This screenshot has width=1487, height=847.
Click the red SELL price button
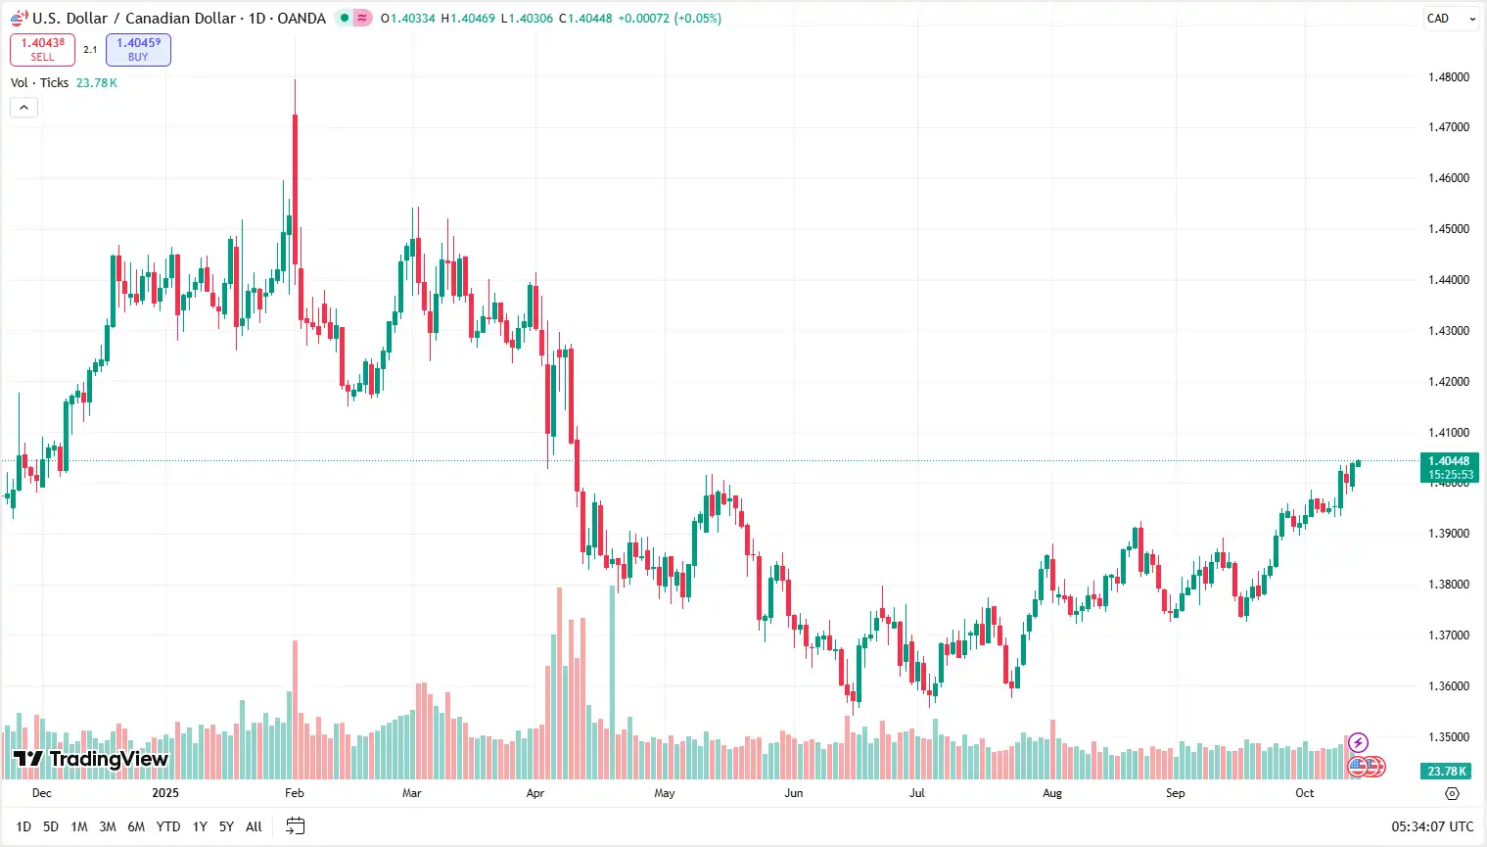coord(42,50)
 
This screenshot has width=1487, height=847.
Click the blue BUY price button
coord(138,50)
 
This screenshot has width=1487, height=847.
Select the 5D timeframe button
coord(51,826)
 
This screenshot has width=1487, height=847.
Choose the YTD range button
coord(168,826)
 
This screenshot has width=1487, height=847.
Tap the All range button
coord(254,826)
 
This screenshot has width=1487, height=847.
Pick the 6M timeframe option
coord(136,826)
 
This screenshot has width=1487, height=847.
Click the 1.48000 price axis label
coord(1449,77)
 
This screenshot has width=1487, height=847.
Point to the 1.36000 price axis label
coord(1449,686)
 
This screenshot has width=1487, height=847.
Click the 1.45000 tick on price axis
coord(1449,229)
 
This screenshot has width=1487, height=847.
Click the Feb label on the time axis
coord(295,793)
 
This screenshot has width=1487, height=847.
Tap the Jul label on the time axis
coord(917,793)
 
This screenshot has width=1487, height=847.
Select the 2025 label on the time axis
coord(165,793)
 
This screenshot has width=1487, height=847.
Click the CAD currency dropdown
coord(1450,19)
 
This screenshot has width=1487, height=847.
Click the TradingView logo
coord(91,759)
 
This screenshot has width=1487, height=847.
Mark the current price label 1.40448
coord(1449,461)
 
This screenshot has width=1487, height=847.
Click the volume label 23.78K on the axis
coord(1447,772)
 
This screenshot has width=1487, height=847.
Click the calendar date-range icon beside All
coord(296,826)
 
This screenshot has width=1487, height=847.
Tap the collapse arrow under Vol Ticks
coord(23,107)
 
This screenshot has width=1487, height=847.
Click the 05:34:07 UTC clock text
coord(1432,826)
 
